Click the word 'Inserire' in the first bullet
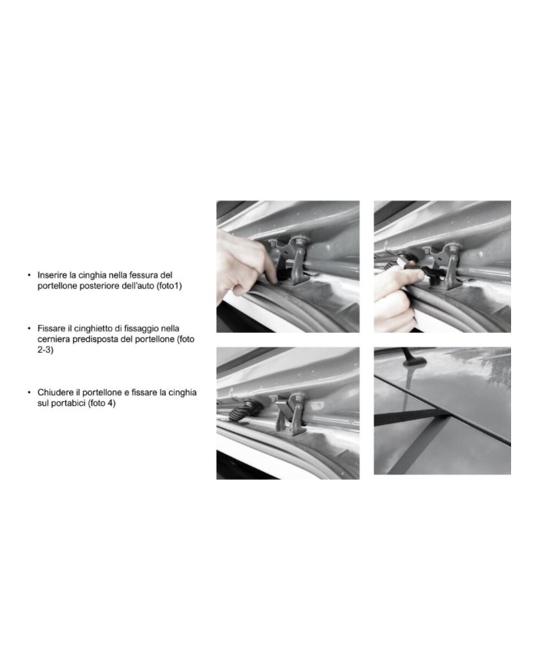(51, 275)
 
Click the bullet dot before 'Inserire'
(29, 275)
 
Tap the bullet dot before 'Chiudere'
(29, 392)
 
